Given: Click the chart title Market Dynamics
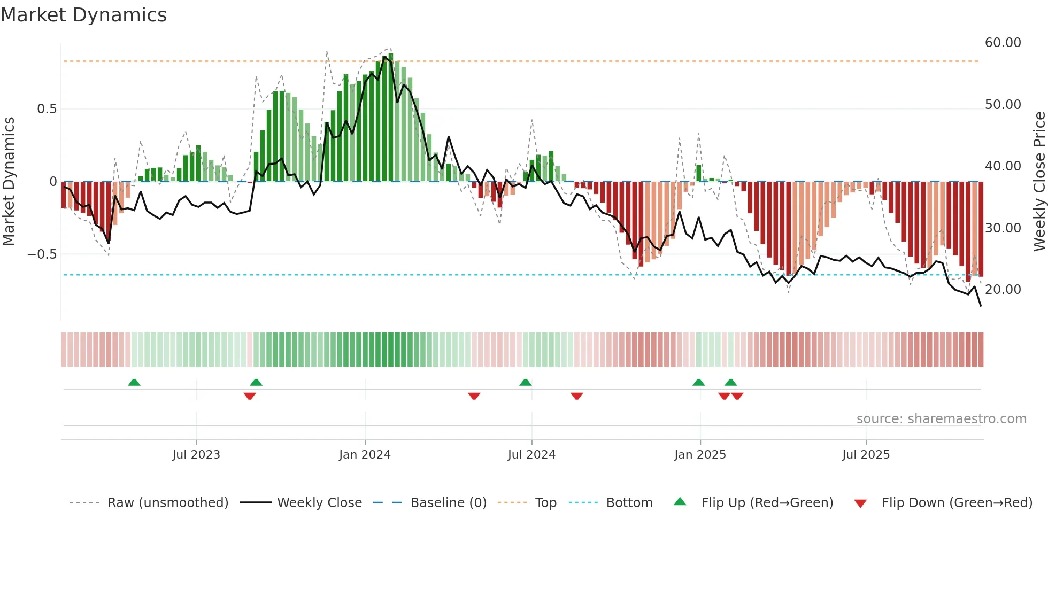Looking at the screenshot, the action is [x=83, y=15].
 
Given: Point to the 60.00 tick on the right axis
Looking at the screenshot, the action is [x=1003, y=43].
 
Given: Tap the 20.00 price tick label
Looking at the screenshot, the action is [x=1003, y=290].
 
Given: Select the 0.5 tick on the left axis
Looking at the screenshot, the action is [x=47, y=109].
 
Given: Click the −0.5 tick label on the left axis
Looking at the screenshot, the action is [x=42, y=254].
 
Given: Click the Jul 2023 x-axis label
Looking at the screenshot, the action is [x=196, y=455].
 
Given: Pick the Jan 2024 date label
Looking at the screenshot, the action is [x=365, y=455].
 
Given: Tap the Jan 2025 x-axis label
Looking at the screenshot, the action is [x=700, y=455].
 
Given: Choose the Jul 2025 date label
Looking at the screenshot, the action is [x=866, y=455].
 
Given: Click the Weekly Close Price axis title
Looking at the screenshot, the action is [x=1039, y=182].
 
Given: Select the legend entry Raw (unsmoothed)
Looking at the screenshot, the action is [x=167, y=503].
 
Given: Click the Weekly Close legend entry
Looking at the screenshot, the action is [x=319, y=503].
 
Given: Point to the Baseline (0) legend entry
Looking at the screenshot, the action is [x=448, y=503].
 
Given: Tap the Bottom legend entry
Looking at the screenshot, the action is [x=629, y=503].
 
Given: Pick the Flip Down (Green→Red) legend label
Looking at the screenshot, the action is [x=957, y=503].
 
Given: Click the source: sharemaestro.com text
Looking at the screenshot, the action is [x=941, y=419].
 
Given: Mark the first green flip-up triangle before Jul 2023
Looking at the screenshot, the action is [x=134, y=382].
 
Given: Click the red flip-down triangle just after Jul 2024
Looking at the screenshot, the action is [x=576, y=396].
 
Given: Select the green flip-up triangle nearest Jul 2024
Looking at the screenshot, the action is [x=525, y=382].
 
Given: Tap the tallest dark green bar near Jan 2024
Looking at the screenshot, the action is [x=391, y=118].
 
